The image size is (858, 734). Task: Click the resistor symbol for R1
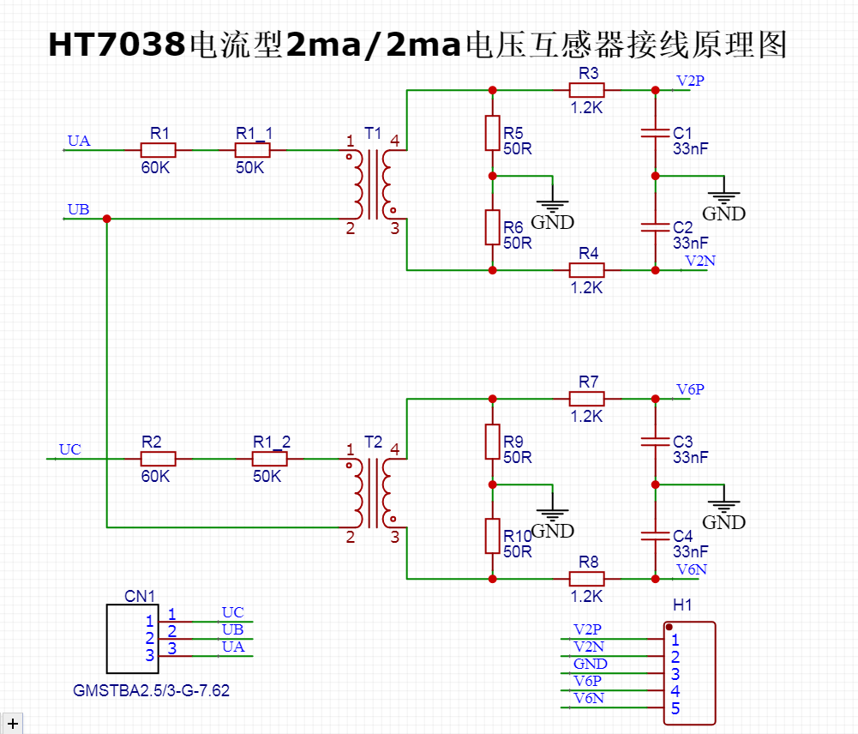pyautogui.click(x=159, y=150)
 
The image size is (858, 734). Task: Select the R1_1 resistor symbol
pyautogui.click(x=253, y=150)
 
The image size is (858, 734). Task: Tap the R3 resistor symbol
pyautogui.click(x=587, y=90)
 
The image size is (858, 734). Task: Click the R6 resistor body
pyautogui.click(x=493, y=226)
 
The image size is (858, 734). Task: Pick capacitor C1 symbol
pyautogui.click(x=656, y=133)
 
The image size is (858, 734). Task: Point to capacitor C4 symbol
pyautogui.click(x=656, y=536)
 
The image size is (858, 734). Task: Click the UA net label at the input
pyautogui.click(x=79, y=141)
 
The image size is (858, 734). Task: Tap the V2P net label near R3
pyautogui.click(x=690, y=81)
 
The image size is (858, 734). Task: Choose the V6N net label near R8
pyautogui.click(x=691, y=569)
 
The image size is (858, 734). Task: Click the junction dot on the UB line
pyautogui.click(x=107, y=219)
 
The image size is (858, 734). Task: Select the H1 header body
pyautogui.click(x=690, y=673)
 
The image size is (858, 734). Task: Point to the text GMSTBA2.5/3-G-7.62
pyautogui.click(x=152, y=690)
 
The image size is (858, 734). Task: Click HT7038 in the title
pyautogui.click(x=116, y=45)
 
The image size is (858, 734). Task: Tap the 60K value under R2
pyautogui.click(x=155, y=476)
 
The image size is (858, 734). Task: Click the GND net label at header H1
pyautogui.click(x=591, y=664)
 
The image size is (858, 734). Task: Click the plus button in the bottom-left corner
pyautogui.click(x=12, y=724)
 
